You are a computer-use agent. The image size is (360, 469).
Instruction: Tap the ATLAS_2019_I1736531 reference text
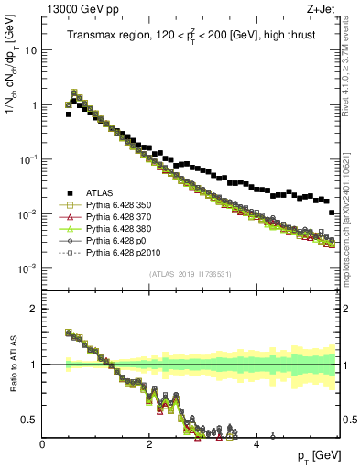190,274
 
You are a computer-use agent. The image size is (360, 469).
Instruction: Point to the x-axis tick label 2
149,444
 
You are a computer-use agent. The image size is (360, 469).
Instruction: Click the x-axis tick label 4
256,444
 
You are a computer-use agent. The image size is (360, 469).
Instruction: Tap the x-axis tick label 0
42,444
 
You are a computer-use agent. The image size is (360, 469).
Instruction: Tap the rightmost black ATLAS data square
332,212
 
